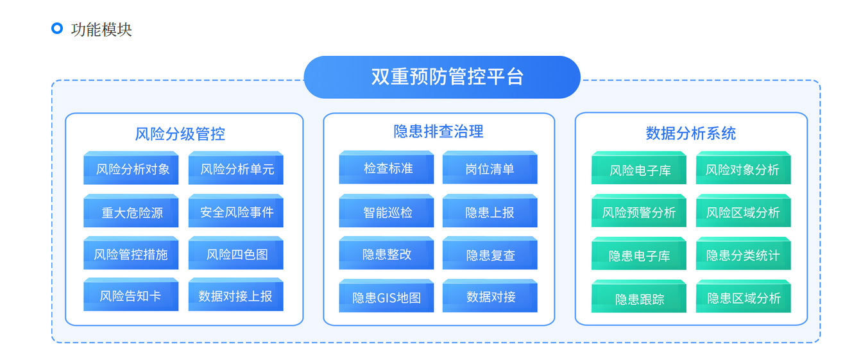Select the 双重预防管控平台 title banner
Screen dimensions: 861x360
pos(441,77)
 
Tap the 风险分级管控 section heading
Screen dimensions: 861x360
pos(180,134)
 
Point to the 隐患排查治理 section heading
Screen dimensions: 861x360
pos(438,132)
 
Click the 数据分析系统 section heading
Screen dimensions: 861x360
pos(691,133)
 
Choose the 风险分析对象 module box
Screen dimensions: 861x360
pos(131,168)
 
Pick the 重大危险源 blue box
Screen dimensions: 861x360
pos(131,210)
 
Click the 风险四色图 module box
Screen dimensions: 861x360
pos(235,253)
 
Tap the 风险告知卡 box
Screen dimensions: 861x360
pos(131,295)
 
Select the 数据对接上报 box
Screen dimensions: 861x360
pos(235,295)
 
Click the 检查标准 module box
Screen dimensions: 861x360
pos(386,167)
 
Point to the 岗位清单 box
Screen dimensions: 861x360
pos(490,167)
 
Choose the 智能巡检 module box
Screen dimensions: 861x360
pos(386,210)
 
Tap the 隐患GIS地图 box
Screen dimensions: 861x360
pos(386,296)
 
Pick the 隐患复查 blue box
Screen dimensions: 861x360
pos(490,253)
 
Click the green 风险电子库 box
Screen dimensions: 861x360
pos(639,168)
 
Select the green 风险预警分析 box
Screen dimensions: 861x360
pos(639,210)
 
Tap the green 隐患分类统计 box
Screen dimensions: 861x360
pos(744,253)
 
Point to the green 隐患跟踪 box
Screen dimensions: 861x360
pos(639,296)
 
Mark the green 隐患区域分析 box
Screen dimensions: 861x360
pos(744,296)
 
